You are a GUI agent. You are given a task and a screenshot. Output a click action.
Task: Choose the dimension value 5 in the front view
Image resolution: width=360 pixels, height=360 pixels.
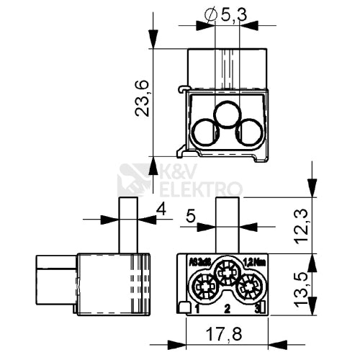[190, 216]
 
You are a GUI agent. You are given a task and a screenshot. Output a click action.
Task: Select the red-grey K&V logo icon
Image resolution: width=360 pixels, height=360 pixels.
[135, 180]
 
